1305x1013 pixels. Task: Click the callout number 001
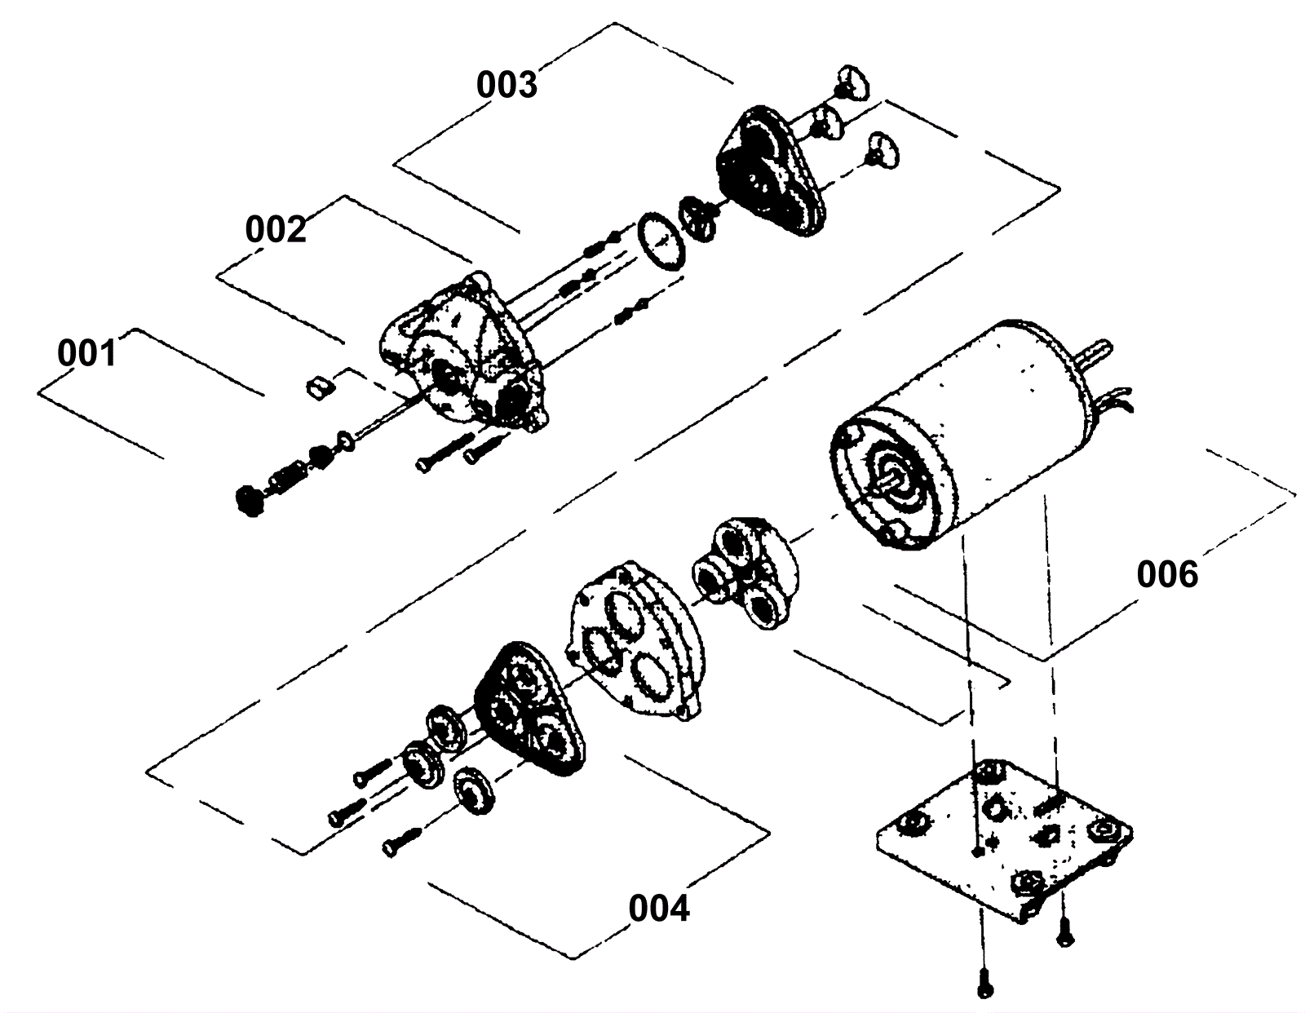86,354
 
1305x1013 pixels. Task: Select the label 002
276,229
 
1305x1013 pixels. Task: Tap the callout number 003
507,85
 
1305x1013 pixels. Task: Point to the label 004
659,908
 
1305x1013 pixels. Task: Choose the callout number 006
1167,575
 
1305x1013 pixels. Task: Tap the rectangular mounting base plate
1003,840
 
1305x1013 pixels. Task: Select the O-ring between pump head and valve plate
661,241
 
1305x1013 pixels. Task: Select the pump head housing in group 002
461,355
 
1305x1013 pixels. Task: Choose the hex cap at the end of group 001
249,500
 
